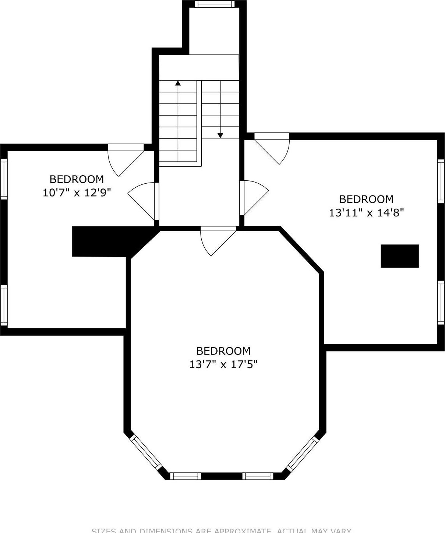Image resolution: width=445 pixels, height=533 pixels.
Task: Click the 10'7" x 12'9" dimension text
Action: (x=77, y=193)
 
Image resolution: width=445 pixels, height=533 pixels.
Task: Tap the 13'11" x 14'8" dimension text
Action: (x=366, y=212)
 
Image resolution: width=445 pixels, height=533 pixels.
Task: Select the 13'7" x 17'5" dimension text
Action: (x=223, y=364)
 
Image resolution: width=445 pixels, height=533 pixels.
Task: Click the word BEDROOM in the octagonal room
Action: (x=223, y=350)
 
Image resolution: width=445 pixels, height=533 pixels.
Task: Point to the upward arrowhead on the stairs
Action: (x=178, y=83)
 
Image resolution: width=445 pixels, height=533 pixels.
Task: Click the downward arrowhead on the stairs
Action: (x=220, y=135)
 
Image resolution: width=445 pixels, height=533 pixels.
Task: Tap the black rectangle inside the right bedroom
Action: (x=399, y=256)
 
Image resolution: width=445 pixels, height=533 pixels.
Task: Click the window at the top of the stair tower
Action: (x=215, y=4)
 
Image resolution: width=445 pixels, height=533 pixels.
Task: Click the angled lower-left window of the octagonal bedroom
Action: (x=146, y=453)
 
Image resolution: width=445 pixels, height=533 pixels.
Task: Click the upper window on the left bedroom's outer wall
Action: (x=4, y=179)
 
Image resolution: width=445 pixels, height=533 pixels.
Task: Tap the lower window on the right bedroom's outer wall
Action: (x=441, y=302)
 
